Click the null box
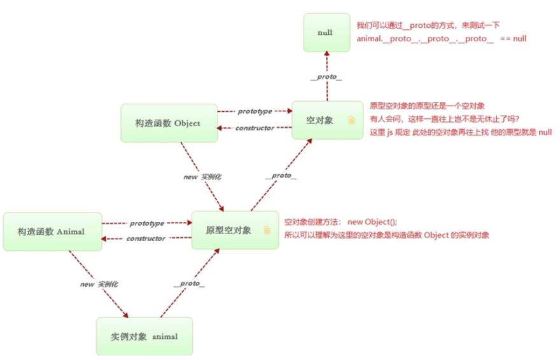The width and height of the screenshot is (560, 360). [x=326, y=32]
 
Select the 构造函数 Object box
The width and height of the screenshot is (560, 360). [x=168, y=123]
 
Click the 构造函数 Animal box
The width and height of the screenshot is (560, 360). [x=52, y=231]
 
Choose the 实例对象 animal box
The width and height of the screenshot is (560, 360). [x=144, y=336]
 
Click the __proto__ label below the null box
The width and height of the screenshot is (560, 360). [x=326, y=77]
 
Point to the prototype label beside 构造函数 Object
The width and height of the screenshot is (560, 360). [x=255, y=111]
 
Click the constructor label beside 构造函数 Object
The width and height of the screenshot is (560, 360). [x=255, y=128]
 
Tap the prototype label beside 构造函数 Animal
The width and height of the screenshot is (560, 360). [x=147, y=223]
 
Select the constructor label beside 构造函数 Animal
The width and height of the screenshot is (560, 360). [x=146, y=239]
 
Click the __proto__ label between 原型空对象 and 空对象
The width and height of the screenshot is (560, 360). [x=281, y=175]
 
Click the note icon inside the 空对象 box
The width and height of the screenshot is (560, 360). [x=351, y=120]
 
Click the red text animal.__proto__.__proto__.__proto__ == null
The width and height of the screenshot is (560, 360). [x=442, y=39]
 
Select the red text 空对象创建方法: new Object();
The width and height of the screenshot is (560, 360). [x=340, y=222]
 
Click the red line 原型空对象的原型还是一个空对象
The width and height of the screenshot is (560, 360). [x=427, y=106]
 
